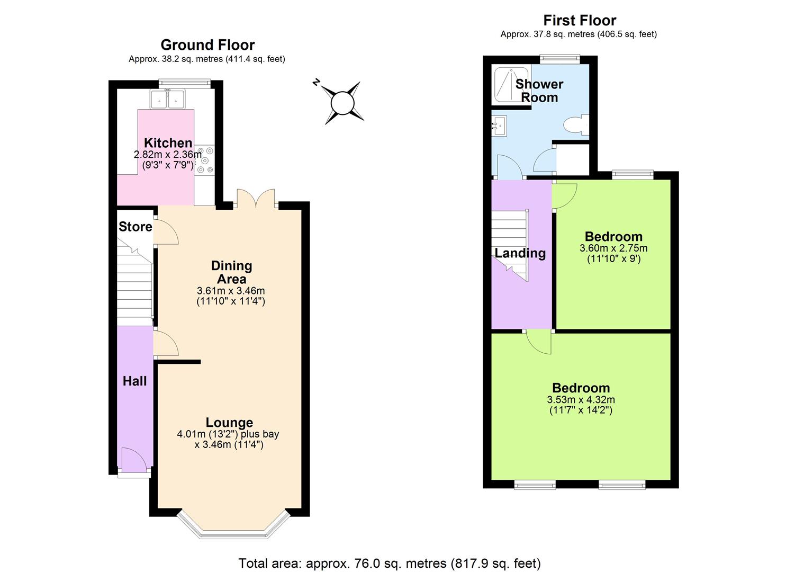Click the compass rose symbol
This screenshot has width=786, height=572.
[x=342, y=103]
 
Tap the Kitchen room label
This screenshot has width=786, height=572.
[x=168, y=143]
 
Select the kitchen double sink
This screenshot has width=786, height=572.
[x=167, y=99]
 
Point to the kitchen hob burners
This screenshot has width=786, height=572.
[x=205, y=159]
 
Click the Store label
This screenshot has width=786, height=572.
[x=135, y=227]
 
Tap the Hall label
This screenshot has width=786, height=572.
[x=134, y=381]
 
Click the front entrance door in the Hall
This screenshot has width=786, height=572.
[x=133, y=460]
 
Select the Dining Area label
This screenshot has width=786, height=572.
[x=231, y=272]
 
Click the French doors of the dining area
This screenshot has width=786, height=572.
[x=256, y=199]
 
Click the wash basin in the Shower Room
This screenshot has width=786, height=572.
[x=499, y=126]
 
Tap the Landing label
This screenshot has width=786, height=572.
[x=520, y=253]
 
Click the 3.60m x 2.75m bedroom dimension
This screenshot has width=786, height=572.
[x=613, y=248]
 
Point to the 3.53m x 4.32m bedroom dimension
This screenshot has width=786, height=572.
[x=581, y=400]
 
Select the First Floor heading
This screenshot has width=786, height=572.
[x=580, y=21]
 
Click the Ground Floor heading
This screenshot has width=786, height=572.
[x=207, y=45]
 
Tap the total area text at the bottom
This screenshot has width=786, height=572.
[x=390, y=563]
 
